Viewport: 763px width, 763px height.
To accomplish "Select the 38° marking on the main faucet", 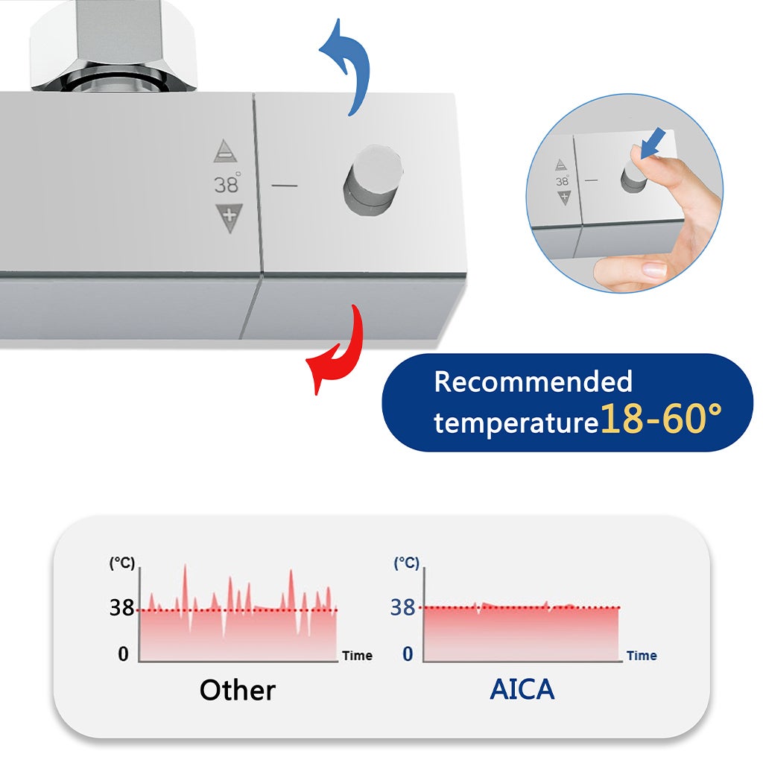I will tap(227, 183).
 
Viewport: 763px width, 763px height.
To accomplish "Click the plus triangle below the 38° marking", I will tap(228, 217).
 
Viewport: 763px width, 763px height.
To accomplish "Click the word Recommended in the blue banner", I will tap(533, 381).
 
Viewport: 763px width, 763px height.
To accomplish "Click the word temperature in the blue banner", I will tap(516, 423).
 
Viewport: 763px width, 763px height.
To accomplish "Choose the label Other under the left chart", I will tap(237, 690).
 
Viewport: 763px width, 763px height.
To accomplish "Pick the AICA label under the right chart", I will tap(522, 689).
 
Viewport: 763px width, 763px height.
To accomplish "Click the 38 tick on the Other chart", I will tap(121, 608).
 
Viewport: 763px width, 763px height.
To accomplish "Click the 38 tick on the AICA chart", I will tap(402, 607).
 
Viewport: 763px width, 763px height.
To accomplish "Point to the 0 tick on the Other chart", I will tap(123, 654).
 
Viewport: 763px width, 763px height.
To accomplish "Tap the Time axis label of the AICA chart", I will tap(642, 656).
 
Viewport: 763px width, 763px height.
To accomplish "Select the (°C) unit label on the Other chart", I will tap(122, 563).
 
